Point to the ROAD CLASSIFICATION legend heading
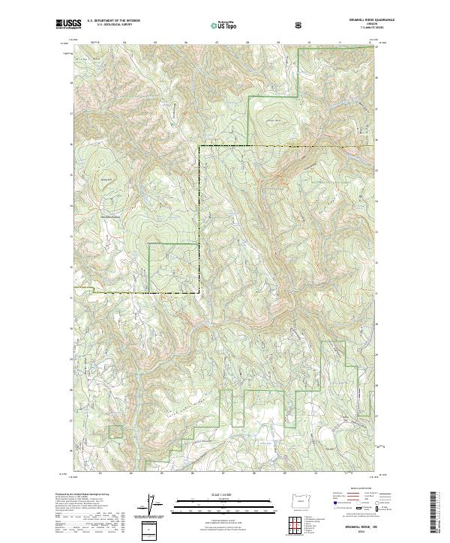pyautogui.click(x=357, y=492)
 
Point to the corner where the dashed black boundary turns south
pyautogui.click(x=199, y=146)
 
